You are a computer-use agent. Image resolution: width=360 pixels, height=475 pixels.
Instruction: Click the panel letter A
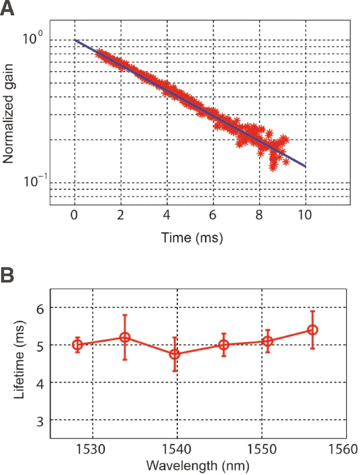click(7, 9)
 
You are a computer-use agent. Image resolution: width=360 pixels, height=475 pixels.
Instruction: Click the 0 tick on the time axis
click(75, 215)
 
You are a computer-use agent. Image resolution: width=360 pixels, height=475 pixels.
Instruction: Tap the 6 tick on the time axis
click(214, 215)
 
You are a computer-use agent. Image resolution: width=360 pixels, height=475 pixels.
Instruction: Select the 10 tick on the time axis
click(306, 215)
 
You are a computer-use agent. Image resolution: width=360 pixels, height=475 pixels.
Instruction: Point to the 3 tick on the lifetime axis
click(39, 420)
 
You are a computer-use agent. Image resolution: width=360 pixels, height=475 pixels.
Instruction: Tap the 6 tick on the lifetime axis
click(39, 308)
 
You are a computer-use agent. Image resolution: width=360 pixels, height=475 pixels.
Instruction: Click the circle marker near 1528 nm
click(77, 344)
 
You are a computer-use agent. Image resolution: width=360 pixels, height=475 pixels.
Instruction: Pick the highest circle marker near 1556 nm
click(312, 330)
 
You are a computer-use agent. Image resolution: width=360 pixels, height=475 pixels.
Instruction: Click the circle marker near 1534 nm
click(125, 337)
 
